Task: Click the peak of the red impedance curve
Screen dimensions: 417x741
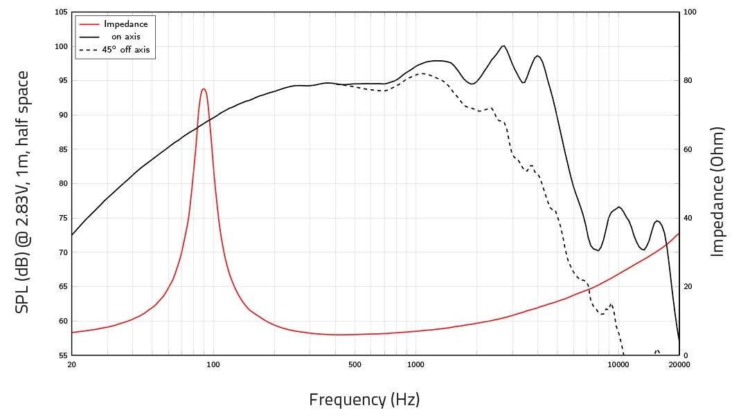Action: coord(204,89)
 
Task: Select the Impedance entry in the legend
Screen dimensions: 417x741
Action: coord(125,24)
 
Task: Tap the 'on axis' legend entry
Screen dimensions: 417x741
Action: coord(125,37)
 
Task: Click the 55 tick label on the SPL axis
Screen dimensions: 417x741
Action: coord(62,355)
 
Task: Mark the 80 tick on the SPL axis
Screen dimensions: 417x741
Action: coord(62,184)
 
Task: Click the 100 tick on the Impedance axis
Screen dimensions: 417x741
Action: coord(690,12)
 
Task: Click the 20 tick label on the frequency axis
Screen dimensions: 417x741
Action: coord(71,365)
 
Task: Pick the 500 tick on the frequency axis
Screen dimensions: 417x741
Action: coord(355,365)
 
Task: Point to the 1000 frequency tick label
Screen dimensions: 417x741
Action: coord(416,365)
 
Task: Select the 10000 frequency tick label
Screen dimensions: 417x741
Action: coord(618,365)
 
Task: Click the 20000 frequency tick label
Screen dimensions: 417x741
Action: coord(679,365)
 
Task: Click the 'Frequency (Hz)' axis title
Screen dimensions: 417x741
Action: coord(364,400)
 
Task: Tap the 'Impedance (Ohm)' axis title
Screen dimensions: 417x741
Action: coord(717,192)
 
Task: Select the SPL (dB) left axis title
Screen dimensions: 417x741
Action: coord(23,192)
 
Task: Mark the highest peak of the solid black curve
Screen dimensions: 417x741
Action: coord(503,46)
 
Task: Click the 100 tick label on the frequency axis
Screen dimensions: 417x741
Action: coord(213,365)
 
